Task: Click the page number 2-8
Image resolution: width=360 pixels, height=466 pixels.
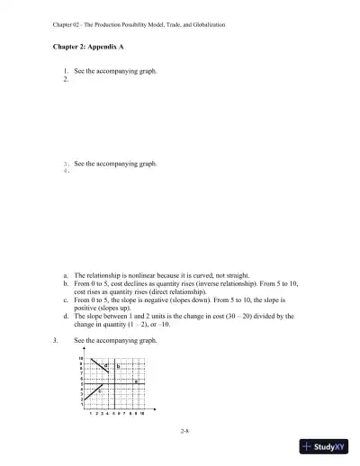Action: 184,432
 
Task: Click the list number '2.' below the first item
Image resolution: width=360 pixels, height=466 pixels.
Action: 66,79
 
